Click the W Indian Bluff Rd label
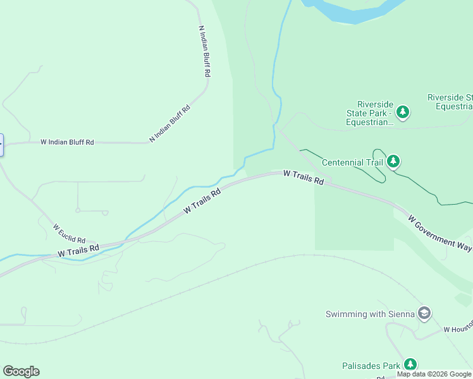[x=67, y=143]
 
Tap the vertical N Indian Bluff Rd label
[x=204, y=51]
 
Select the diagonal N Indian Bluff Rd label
[x=169, y=123]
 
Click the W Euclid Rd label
[x=69, y=234]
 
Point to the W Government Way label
[x=439, y=234]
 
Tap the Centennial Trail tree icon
[x=394, y=162]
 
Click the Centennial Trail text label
[x=352, y=162]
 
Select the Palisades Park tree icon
[x=410, y=364]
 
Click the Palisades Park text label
[x=371, y=366]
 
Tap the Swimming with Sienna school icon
[x=424, y=313]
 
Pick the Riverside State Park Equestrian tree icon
[x=403, y=113]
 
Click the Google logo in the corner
[x=21, y=371]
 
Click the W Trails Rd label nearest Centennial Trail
[x=304, y=177]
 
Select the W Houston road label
[x=457, y=330]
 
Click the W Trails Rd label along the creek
[x=202, y=201]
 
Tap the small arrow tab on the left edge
[x=1, y=145]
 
